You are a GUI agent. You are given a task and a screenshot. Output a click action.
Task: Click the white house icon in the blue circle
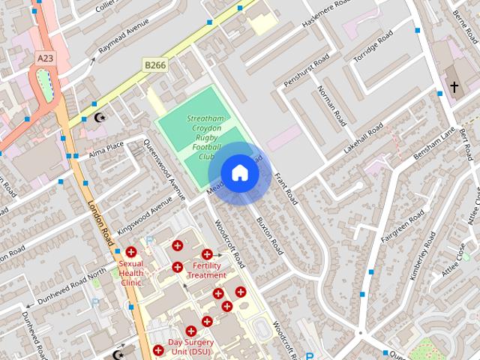coord(239,173)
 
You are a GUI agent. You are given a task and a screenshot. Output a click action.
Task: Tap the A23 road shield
coord(45,57)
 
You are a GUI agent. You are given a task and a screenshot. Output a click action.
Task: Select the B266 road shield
coord(154,66)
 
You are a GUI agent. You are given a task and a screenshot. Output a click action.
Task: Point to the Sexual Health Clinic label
coord(131,273)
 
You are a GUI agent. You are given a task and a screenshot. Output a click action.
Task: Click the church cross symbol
coord(454,88)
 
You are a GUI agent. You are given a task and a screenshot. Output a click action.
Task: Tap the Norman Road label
coord(331,105)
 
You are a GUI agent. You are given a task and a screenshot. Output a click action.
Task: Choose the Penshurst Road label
coord(307,70)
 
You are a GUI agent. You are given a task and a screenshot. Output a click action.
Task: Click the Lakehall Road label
coord(363,138)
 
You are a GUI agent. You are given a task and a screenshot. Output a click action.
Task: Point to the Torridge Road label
coord(373,47)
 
